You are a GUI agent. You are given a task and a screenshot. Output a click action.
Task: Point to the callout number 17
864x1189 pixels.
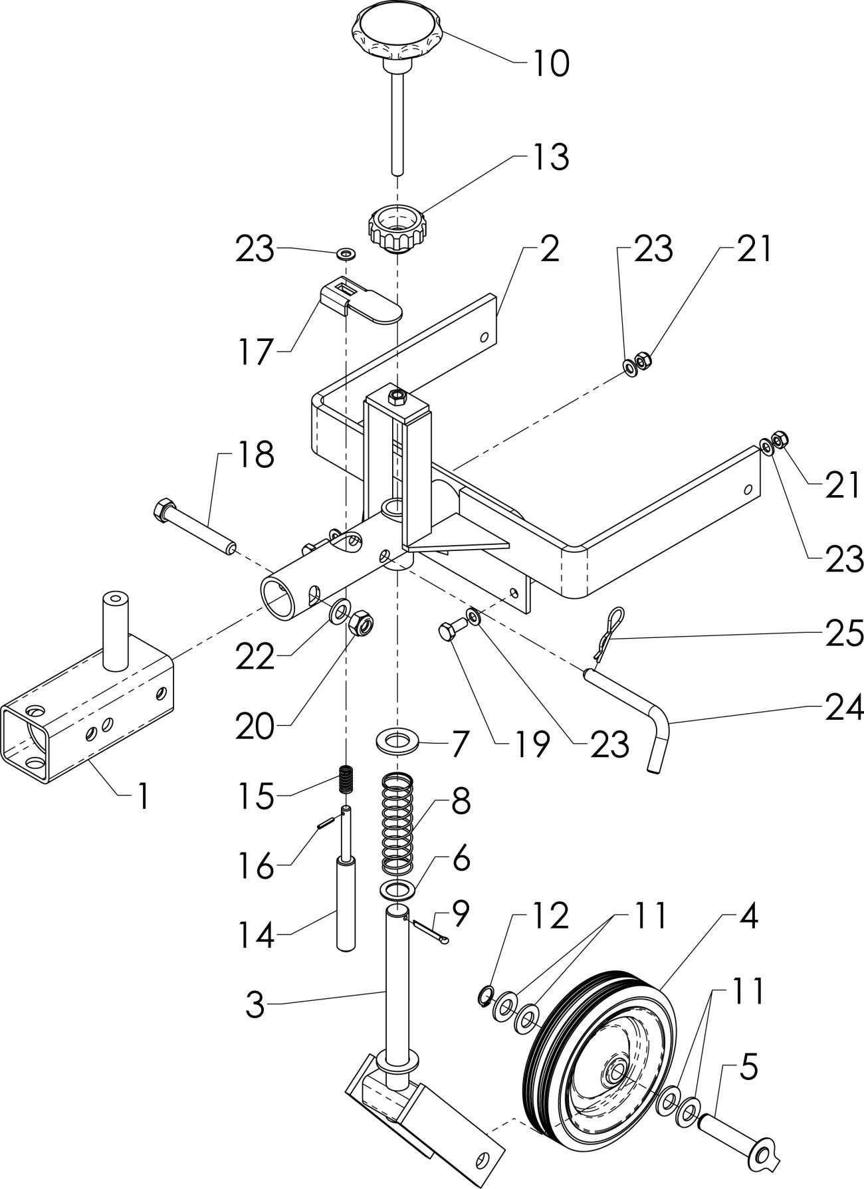(x=256, y=352)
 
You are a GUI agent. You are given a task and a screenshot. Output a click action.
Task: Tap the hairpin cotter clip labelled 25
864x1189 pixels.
(x=608, y=635)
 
